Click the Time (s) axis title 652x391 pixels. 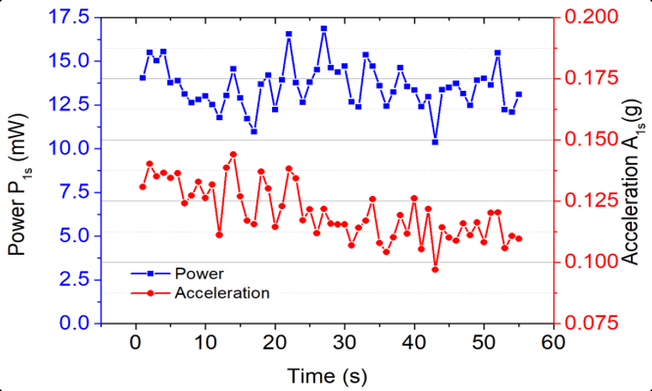pos(327,375)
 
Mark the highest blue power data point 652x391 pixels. pos(323,29)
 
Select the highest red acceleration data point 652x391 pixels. pos(233,155)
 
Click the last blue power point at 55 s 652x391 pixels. pos(519,94)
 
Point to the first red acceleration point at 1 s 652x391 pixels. pos(142,186)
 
